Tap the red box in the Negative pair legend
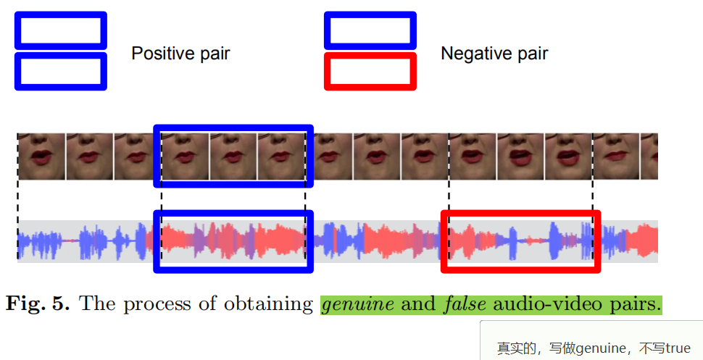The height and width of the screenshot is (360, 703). coord(370,71)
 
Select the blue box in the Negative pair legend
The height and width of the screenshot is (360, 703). coord(370,30)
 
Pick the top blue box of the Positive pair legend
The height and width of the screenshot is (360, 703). coord(61,30)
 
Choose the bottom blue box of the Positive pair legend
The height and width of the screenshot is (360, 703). coord(61,71)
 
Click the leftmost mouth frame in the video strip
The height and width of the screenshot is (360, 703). coord(41,156)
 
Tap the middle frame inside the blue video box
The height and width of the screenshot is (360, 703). coord(233,156)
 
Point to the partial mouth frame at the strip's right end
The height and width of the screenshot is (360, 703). coord(649,156)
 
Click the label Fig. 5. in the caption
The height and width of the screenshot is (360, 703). coord(38,304)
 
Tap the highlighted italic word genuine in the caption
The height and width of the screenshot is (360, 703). coord(358,304)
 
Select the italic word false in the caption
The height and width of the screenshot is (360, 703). coord(463,304)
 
